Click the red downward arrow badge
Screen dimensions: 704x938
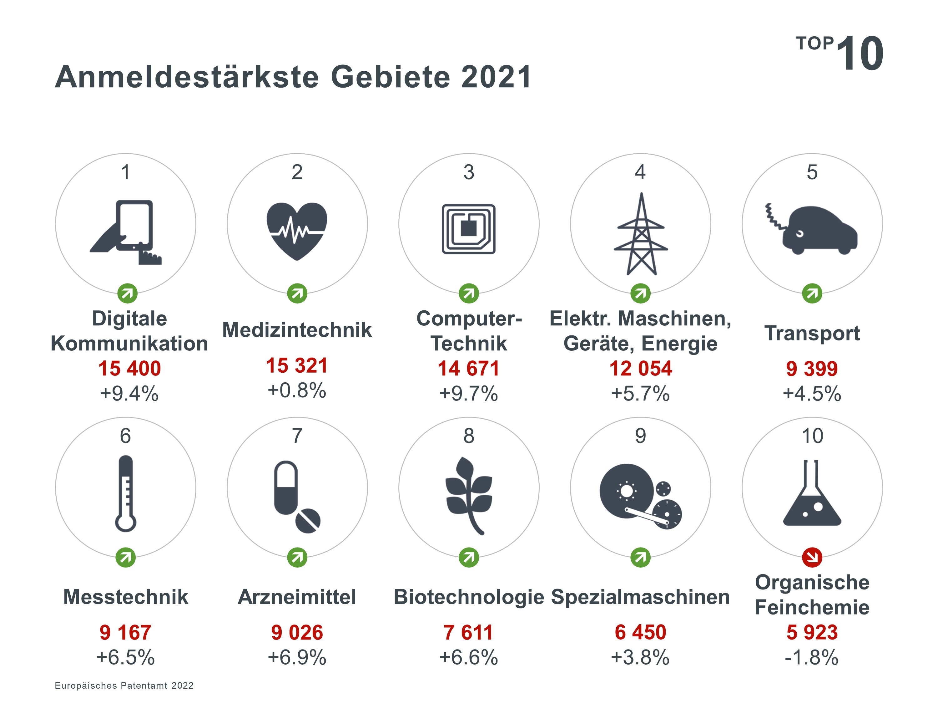812,557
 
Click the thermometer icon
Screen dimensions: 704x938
125,493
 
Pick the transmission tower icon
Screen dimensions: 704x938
641,234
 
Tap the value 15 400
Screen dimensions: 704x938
129,368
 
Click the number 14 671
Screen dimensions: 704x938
469,368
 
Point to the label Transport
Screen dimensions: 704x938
812,333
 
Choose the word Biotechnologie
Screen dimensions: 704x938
469,597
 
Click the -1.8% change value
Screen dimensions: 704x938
812,657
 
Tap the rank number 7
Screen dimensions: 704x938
297,436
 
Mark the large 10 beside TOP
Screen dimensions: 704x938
860,54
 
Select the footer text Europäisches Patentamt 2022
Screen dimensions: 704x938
124,685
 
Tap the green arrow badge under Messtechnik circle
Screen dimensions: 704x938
125,557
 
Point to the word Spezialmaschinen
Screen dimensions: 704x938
640,597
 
